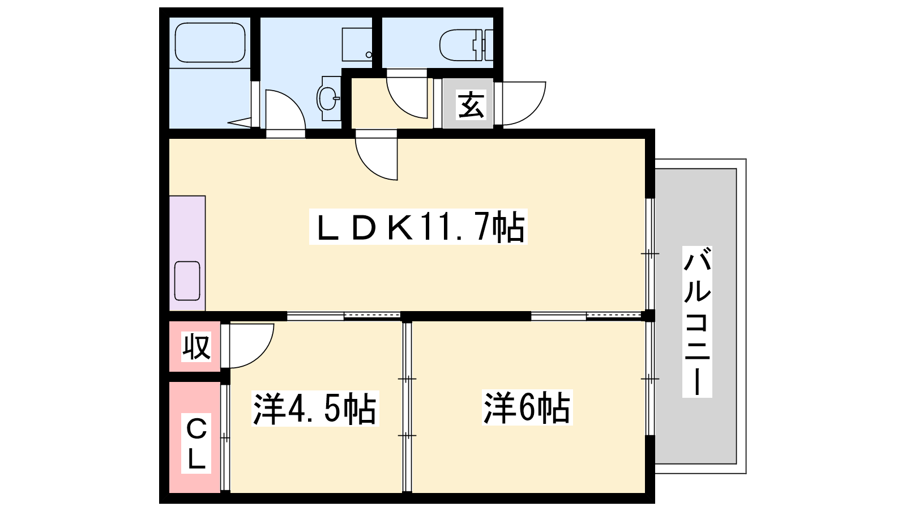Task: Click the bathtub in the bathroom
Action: [x=210, y=42]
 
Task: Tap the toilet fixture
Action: [x=467, y=45]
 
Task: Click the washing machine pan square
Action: [x=357, y=45]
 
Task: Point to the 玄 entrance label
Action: [x=471, y=105]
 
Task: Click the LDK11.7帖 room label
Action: [x=418, y=227]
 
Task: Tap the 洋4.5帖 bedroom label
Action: [x=315, y=408]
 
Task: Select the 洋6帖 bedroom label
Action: [x=527, y=407]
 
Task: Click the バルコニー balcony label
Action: [x=697, y=322]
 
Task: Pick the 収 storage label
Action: [x=196, y=346]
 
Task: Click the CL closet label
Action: [x=196, y=444]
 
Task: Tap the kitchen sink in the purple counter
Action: [x=187, y=281]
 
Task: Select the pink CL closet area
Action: [x=195, y=437]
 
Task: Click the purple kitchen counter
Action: [x=187, y=253]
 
